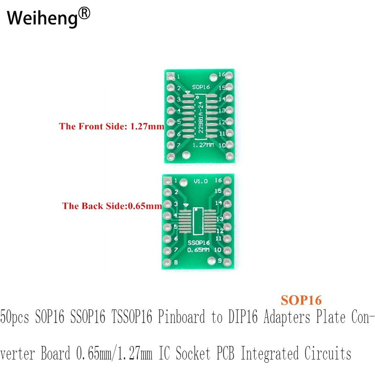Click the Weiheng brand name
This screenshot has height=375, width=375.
click(41, 19)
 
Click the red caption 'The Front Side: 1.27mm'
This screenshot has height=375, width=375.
click(112, 126)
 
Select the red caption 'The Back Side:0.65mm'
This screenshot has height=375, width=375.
click(112, 205)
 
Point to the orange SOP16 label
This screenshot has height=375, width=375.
click(301, 299)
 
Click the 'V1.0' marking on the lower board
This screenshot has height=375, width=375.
click(200, 181)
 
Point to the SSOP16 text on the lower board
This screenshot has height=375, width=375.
click(199, 243)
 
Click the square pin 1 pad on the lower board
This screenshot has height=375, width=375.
click(167, 180)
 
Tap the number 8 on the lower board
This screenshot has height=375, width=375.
click(176, 262)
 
